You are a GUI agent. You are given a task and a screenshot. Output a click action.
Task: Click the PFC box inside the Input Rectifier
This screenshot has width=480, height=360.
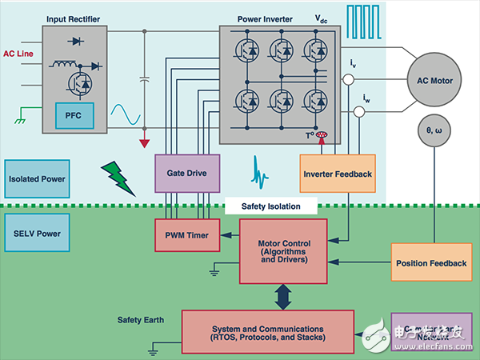pos(74,118)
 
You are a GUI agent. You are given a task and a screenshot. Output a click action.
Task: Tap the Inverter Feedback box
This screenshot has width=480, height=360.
pos(337,174)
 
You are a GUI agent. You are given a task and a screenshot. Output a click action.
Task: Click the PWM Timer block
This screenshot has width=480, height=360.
pos(186,235)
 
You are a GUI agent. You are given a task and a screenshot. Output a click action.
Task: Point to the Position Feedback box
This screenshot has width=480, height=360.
pos(430,263)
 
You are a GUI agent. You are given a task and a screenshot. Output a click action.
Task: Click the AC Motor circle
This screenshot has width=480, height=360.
pos(434,80)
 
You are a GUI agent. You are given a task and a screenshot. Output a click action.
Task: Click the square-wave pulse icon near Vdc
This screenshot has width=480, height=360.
pos(361,21)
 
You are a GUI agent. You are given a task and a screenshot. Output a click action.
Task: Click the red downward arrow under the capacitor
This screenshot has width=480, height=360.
pos(144,144)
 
